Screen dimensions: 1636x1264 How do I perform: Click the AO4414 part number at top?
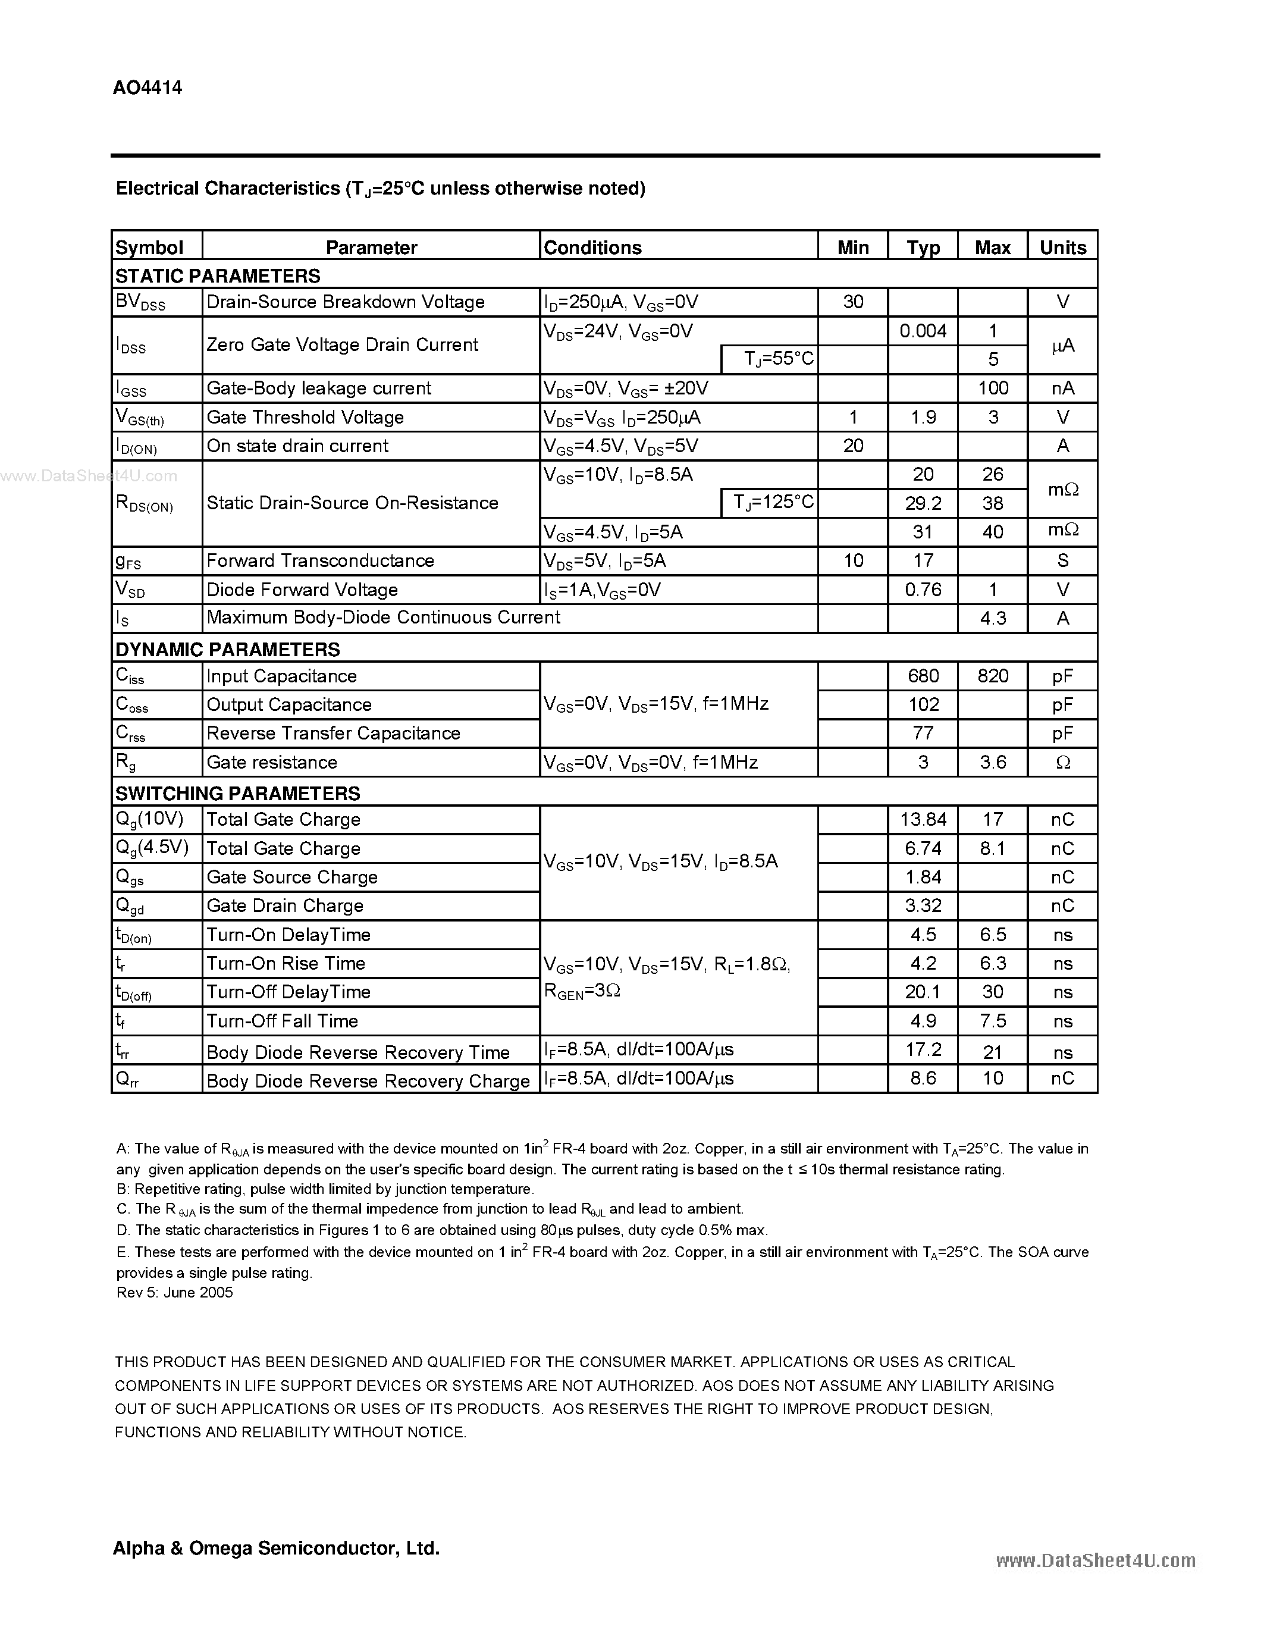point(148,87)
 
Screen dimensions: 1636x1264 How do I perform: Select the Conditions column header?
point(592,247)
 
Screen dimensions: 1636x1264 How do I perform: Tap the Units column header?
point(1062,247)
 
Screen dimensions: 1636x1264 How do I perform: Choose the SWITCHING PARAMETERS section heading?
point(237,792)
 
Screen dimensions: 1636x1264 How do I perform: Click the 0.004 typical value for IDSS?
point(923,331)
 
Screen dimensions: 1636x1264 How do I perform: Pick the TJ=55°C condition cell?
point(779,359)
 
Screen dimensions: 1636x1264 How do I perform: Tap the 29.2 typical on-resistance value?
point(923,503)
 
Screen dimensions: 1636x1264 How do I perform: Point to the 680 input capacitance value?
point(923,676)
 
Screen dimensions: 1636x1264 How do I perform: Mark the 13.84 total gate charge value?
point(923,820)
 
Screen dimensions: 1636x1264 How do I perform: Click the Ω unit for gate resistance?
point(1062,763)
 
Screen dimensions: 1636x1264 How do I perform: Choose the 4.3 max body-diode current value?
point(993,618)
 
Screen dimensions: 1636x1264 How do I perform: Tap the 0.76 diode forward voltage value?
point(923,590)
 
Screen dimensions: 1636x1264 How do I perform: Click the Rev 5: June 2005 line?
point(174,1292)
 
